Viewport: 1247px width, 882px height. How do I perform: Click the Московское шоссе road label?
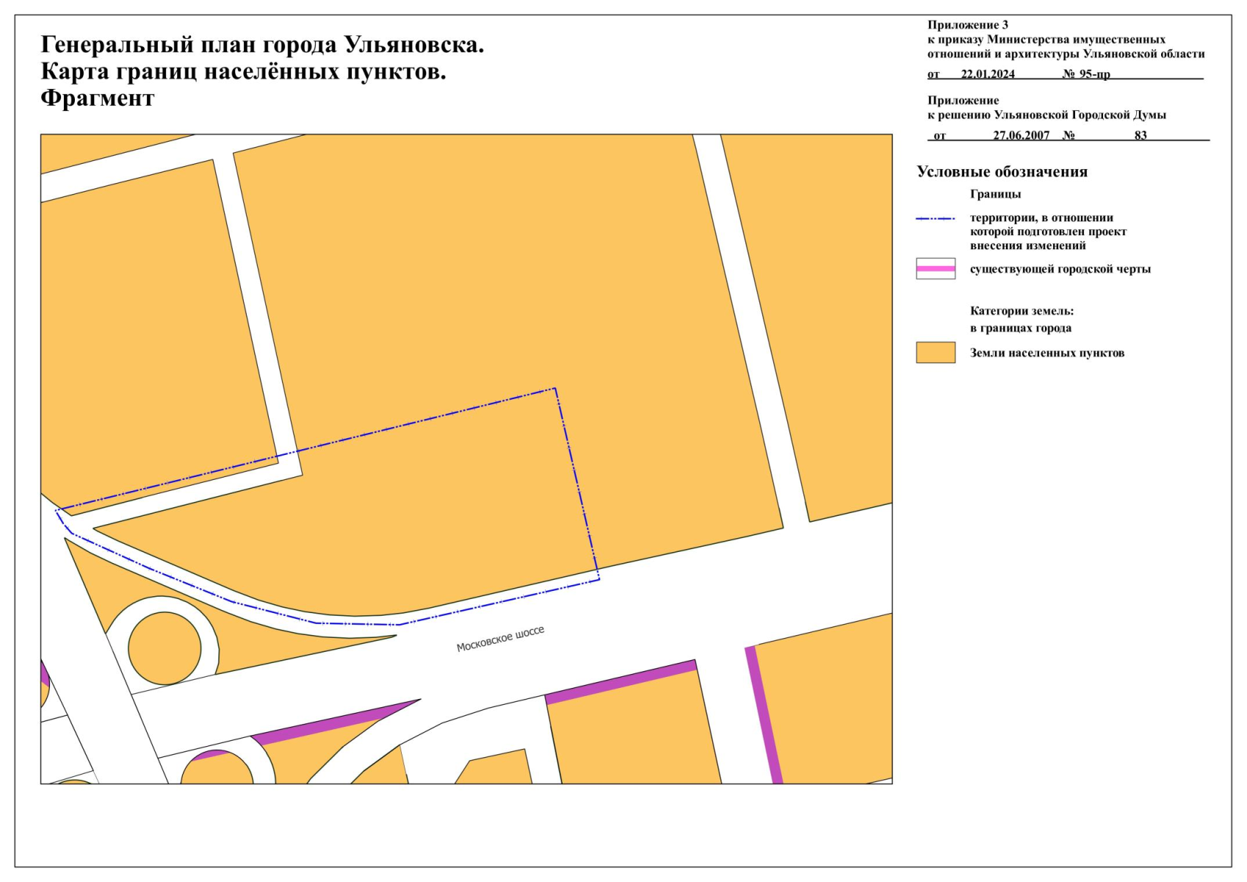[x=500, y=639]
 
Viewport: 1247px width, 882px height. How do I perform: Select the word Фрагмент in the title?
[x=98, y=98]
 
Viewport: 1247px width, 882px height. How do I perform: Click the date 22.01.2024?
[x=988, y=74]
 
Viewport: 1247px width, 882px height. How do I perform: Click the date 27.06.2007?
[x=1021, y=135]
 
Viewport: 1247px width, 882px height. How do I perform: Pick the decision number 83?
[x=1141, y=135]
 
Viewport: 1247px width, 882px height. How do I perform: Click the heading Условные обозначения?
[x=1002, y=172]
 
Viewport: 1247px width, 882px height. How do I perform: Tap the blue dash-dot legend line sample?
[x=936, y=218]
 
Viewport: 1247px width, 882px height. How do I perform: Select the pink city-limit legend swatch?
[x=936, y=268]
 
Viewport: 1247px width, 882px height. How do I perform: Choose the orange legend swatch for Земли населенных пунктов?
[x=936, y=353]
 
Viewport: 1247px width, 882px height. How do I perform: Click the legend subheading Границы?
[x=995, y=194]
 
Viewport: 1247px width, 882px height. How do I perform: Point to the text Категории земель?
[x=1022, y=311]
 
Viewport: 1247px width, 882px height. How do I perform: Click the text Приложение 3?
[x=968, y=25]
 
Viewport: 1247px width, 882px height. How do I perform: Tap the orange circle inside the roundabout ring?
[x=165, y=648]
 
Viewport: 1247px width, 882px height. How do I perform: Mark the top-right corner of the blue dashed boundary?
[x=555, y=388]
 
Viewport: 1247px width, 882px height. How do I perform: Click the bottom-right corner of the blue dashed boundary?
[x=599, y=579]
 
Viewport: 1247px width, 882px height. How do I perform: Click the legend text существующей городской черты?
[x=1060, y=269]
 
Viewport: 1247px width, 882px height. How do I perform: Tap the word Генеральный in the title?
[x=118, y=46]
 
